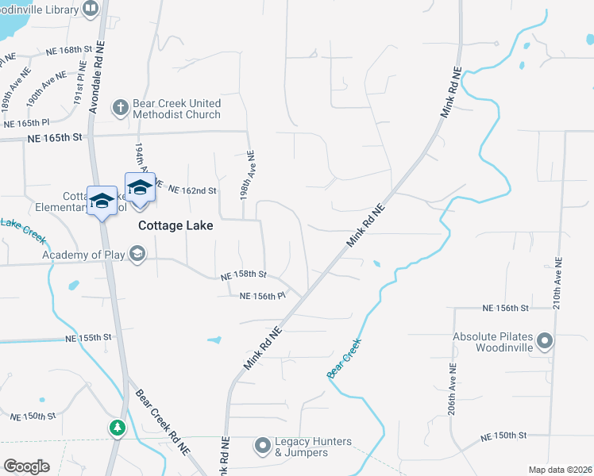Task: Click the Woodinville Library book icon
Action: [x=91, y=10]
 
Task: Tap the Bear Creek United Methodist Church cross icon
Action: [x=120, y=108]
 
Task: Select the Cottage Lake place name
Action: [x=175, y=225]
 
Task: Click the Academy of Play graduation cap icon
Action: [x=137, y=254]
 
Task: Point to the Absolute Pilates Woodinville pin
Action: [x=545, y=342]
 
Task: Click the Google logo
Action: [x=26, y=466]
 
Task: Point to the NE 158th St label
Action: [x=243, y=274]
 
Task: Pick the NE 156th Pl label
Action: [x=262, y=296]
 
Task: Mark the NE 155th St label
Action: [x=89, y=338]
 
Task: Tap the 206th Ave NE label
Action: [x=451, y=390]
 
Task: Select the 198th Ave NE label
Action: [x=250, y=174]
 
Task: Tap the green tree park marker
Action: [x=118, y=428]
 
